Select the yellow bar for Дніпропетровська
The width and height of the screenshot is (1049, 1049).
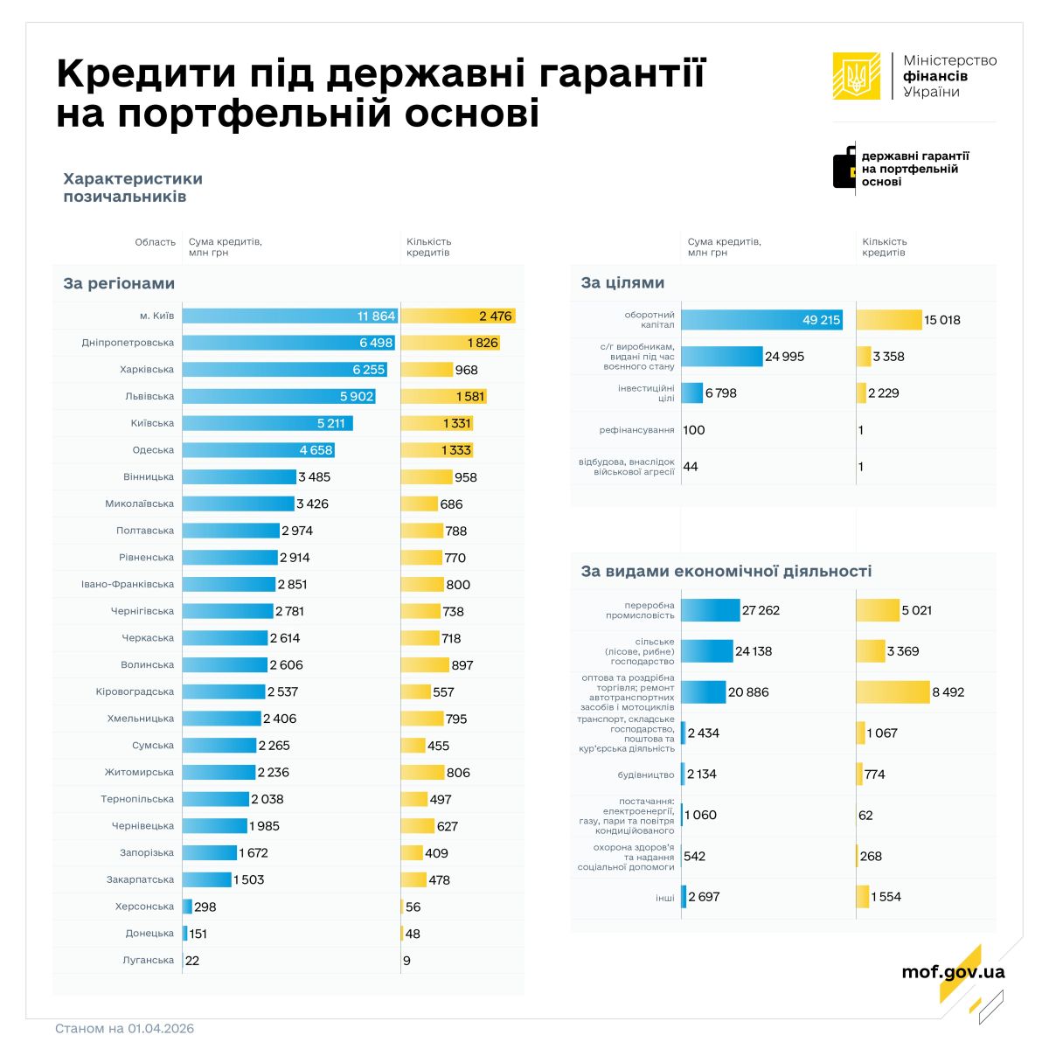point(450,343)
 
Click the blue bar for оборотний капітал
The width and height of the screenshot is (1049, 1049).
point(761,320)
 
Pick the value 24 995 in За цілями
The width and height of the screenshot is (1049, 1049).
point(785,357)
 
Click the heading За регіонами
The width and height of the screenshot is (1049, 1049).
point(119,284)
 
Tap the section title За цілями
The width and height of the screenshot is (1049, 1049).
point(622,283)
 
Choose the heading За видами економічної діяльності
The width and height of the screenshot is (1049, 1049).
point(726,572)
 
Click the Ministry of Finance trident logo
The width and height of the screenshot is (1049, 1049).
point(857,76)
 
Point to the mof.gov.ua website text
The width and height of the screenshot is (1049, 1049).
point(953,972)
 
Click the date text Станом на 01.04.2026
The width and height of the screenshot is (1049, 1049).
point(124,1028)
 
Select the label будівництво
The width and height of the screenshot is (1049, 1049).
point(646,775)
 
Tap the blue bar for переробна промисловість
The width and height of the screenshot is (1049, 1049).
point(711,610)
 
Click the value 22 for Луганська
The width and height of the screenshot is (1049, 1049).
point(192,961)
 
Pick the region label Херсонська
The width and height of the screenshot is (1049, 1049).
point(144,907)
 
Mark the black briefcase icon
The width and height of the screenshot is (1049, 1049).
point(844,167)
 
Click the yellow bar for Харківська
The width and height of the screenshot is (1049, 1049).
point(427,370)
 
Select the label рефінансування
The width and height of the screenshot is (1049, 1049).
point(636,430)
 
